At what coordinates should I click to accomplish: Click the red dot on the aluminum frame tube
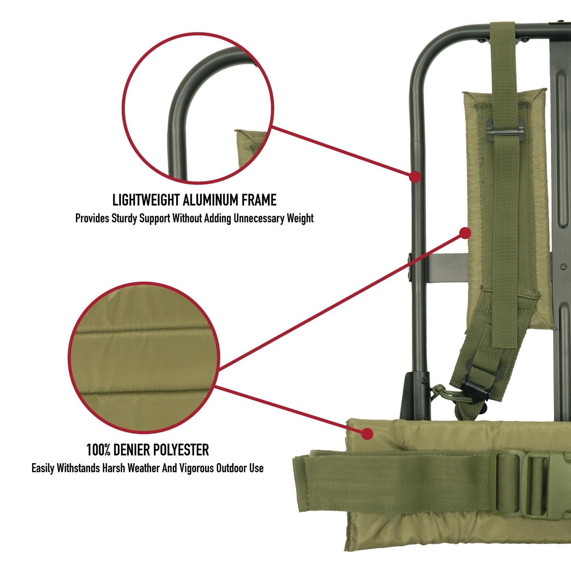(x=415, y=177)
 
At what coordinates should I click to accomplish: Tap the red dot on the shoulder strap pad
(x=465, y=234)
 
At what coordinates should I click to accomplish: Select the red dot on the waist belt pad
(x=367, y=433)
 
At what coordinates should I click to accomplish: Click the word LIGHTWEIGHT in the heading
(x=146, y=200)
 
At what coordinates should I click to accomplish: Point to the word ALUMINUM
(x=211, y=200)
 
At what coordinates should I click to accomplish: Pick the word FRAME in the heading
(x=259, y=200)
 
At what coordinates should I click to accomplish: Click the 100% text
(x=98, y=450)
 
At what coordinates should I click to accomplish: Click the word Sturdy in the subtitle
(x=124, y=219)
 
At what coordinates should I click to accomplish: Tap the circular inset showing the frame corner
(x=198, y=109)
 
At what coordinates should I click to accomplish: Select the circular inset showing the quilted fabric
(x=143, y=358)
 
